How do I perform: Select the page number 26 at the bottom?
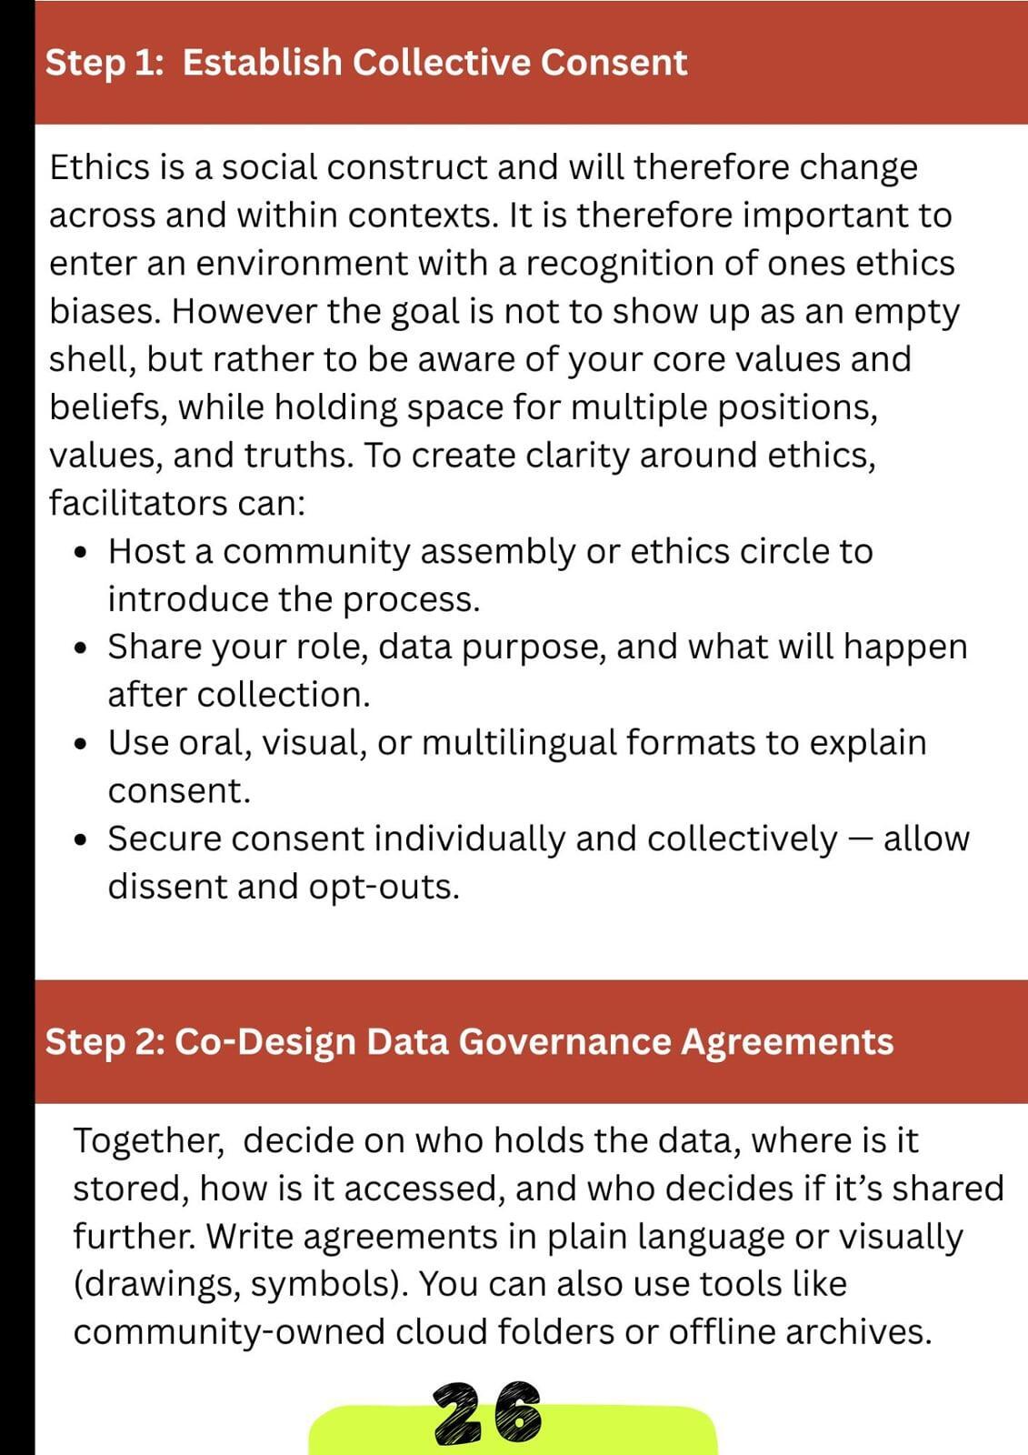click(x=487, y=1414)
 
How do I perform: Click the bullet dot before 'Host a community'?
click(x=83, y=553)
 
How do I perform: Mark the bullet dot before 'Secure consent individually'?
click(x=83, y=840)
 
